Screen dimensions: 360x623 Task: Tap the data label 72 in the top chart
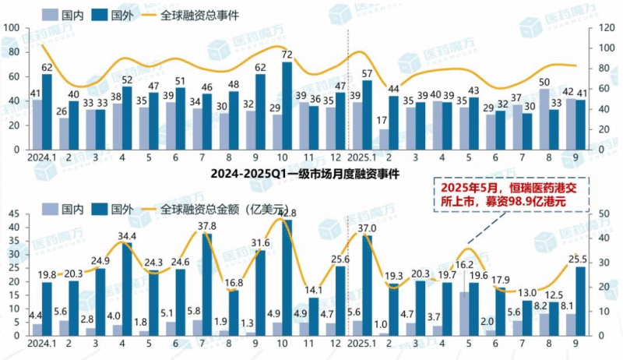[x=287, y=55]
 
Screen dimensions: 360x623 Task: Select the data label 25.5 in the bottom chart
[x=579, y=259]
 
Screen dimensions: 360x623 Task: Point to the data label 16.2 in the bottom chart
[x=465, y=265]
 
